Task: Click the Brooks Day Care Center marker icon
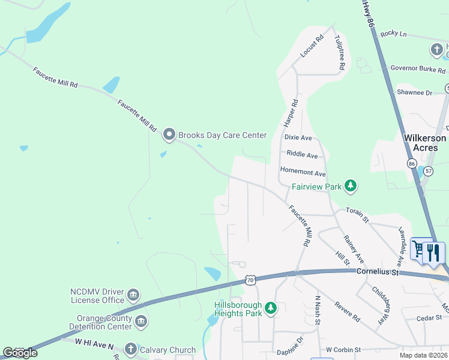169,135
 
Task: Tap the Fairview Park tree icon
351,187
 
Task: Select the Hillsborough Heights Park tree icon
271,308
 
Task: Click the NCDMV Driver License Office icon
133,295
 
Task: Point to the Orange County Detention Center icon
141,322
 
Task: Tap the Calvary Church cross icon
131,349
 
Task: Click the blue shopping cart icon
418,251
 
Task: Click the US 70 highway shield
251,280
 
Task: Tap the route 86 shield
412,163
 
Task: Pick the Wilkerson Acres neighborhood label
425,143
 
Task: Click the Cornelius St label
378,271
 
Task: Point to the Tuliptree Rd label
339,52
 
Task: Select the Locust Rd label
312,46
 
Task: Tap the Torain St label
357,216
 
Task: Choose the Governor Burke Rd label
418,70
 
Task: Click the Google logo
20,352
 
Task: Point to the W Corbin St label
343,349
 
